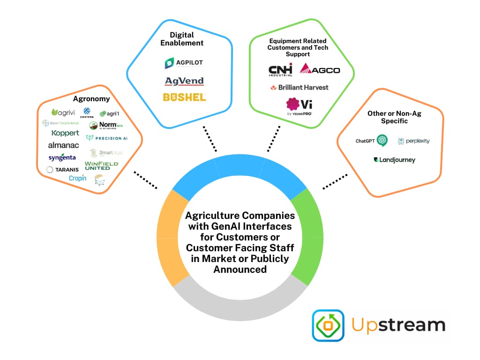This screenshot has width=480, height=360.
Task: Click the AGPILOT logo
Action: [x=184, y=63]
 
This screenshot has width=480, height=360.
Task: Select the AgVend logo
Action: [x=184, y=81]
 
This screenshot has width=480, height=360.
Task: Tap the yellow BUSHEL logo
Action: [x=184, y=97]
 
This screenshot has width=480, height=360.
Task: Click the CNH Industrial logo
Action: [x=280, y=69]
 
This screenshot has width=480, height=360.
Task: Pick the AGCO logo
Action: [x=320, y=69]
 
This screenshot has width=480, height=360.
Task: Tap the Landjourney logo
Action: [x=394, y=160]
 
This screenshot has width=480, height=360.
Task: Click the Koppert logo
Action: [x=65, y=133]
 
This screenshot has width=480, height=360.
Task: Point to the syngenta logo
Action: [x=62, y=157]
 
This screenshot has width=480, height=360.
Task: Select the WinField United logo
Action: [x=102, y=165]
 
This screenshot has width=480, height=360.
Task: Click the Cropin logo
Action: [x=77, y=178]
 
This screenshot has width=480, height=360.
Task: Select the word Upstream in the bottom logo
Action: [x=398, y=324]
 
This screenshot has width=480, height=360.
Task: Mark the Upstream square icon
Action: [x=328, y=325]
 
